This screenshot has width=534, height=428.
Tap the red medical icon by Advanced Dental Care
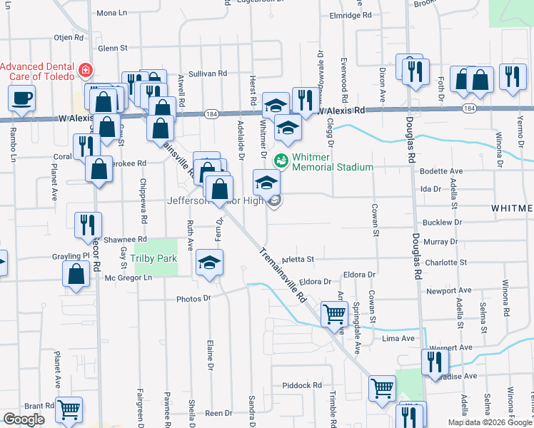click(86, 70)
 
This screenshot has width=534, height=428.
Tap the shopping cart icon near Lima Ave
click(334, 313)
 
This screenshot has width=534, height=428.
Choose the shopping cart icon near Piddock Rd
click(382, 387)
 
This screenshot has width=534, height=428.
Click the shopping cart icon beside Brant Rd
click(69, 409)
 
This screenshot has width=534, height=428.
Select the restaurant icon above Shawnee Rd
click(89, 222)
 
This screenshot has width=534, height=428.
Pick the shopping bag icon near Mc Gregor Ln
click(76, 273)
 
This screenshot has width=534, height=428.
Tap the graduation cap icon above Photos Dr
click(209, 263)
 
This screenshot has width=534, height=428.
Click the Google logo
click(24, 419)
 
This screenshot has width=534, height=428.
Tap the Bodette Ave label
click(442, 171)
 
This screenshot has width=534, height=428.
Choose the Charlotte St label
click(445, 263)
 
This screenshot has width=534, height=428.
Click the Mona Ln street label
click(111, 13)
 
